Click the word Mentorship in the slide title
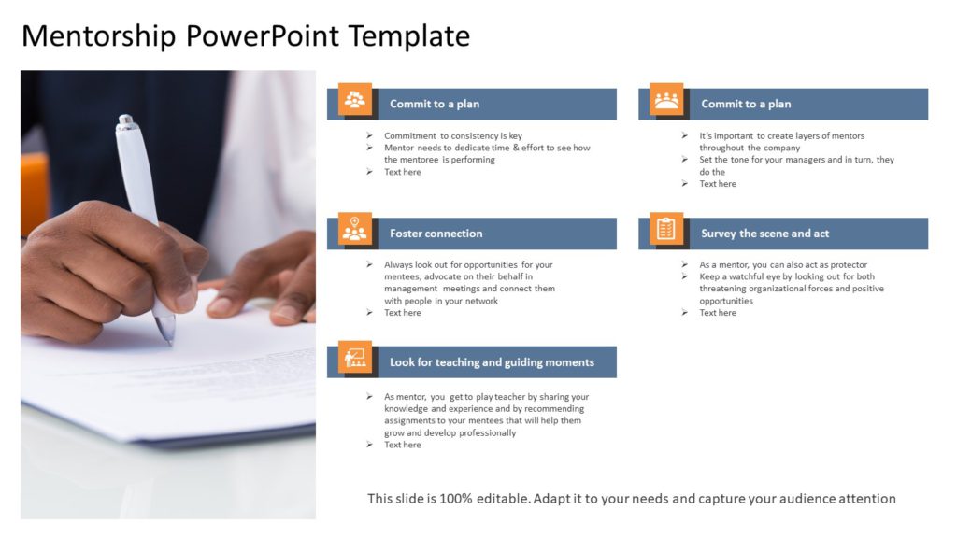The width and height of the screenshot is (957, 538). tap(99, 35)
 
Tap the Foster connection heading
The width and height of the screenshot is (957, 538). tap(436, 234)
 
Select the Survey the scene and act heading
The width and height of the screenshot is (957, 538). tap(764, 234)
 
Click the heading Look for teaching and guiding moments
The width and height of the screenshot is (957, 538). tap(492, 362)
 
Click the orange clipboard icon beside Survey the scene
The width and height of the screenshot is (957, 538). tap(666, 229)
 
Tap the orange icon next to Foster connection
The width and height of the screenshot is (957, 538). tap(354, 229)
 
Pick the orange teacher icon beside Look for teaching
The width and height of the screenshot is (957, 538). tap(354, 358)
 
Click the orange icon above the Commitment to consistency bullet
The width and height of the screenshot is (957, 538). tap(354, 99)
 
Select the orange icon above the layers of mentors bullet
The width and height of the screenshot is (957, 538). tap(666, 99)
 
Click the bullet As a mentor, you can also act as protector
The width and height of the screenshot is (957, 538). tap(782, 265)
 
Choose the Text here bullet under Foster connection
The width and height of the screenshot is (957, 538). tap(402, 313)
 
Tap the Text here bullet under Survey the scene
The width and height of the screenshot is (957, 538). tap(717, 313)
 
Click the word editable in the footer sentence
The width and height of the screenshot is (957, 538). tap(507, 499)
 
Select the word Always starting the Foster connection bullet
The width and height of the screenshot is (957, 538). tap(399, 265)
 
